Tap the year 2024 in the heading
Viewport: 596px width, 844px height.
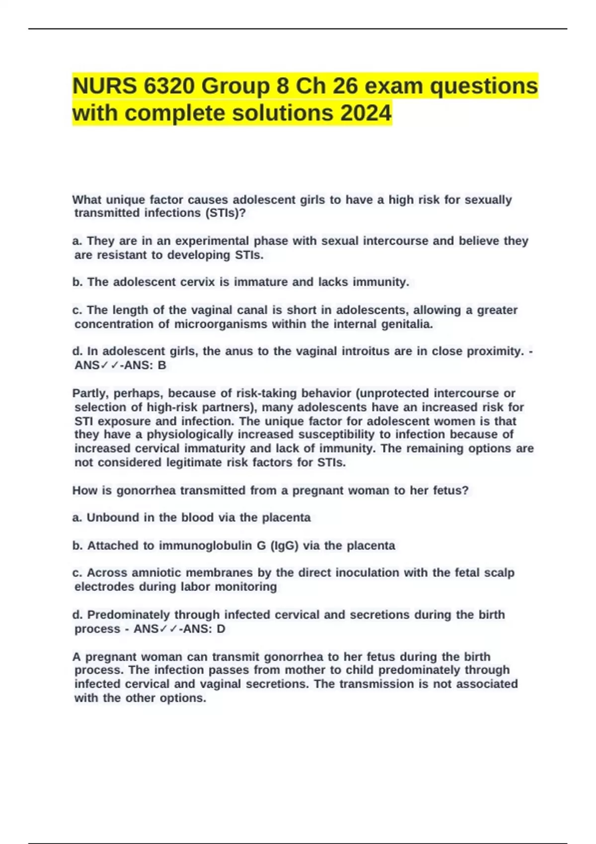click(x=366, y=113)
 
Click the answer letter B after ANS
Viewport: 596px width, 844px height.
click(x=161, y=365)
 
